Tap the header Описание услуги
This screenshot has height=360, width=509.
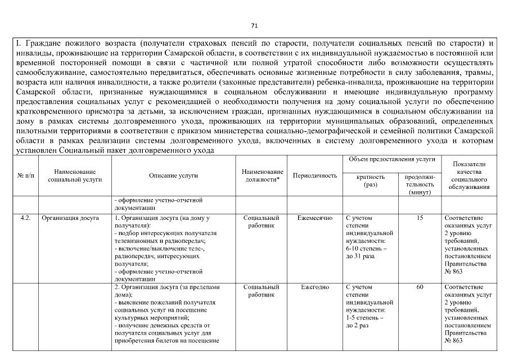173,175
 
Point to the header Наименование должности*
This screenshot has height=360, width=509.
262,175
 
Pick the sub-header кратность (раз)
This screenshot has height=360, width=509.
371,181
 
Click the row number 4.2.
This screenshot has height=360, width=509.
25,217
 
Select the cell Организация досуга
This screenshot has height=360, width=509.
70,217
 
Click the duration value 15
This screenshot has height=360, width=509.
420,217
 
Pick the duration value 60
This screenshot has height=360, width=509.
420,287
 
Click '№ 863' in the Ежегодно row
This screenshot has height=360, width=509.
453,340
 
